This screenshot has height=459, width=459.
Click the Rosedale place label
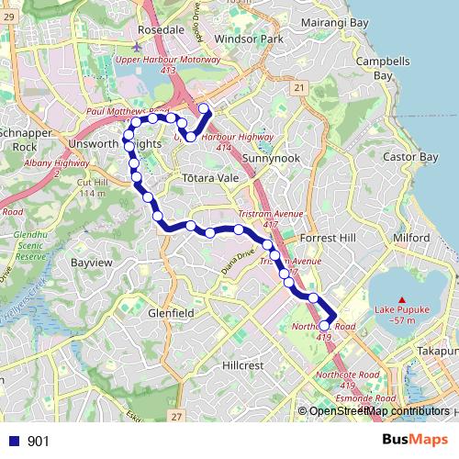click(161, 29)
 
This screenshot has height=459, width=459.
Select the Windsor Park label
click(247, 40)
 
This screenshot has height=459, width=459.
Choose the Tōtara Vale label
click(210, 176)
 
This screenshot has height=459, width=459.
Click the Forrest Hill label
click(327, 237)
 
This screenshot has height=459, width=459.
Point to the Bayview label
click(91, 263)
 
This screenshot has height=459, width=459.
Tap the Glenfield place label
click(170, 312)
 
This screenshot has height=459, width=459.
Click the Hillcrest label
click(244, 364)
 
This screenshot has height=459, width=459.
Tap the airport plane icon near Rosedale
click(138, 45)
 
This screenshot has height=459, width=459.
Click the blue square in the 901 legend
click(10, 441)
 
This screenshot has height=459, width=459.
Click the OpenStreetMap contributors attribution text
click(378, 410)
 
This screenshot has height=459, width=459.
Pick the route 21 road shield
click(299, 87)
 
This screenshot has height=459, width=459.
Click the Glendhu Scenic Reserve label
click(30, 245)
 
